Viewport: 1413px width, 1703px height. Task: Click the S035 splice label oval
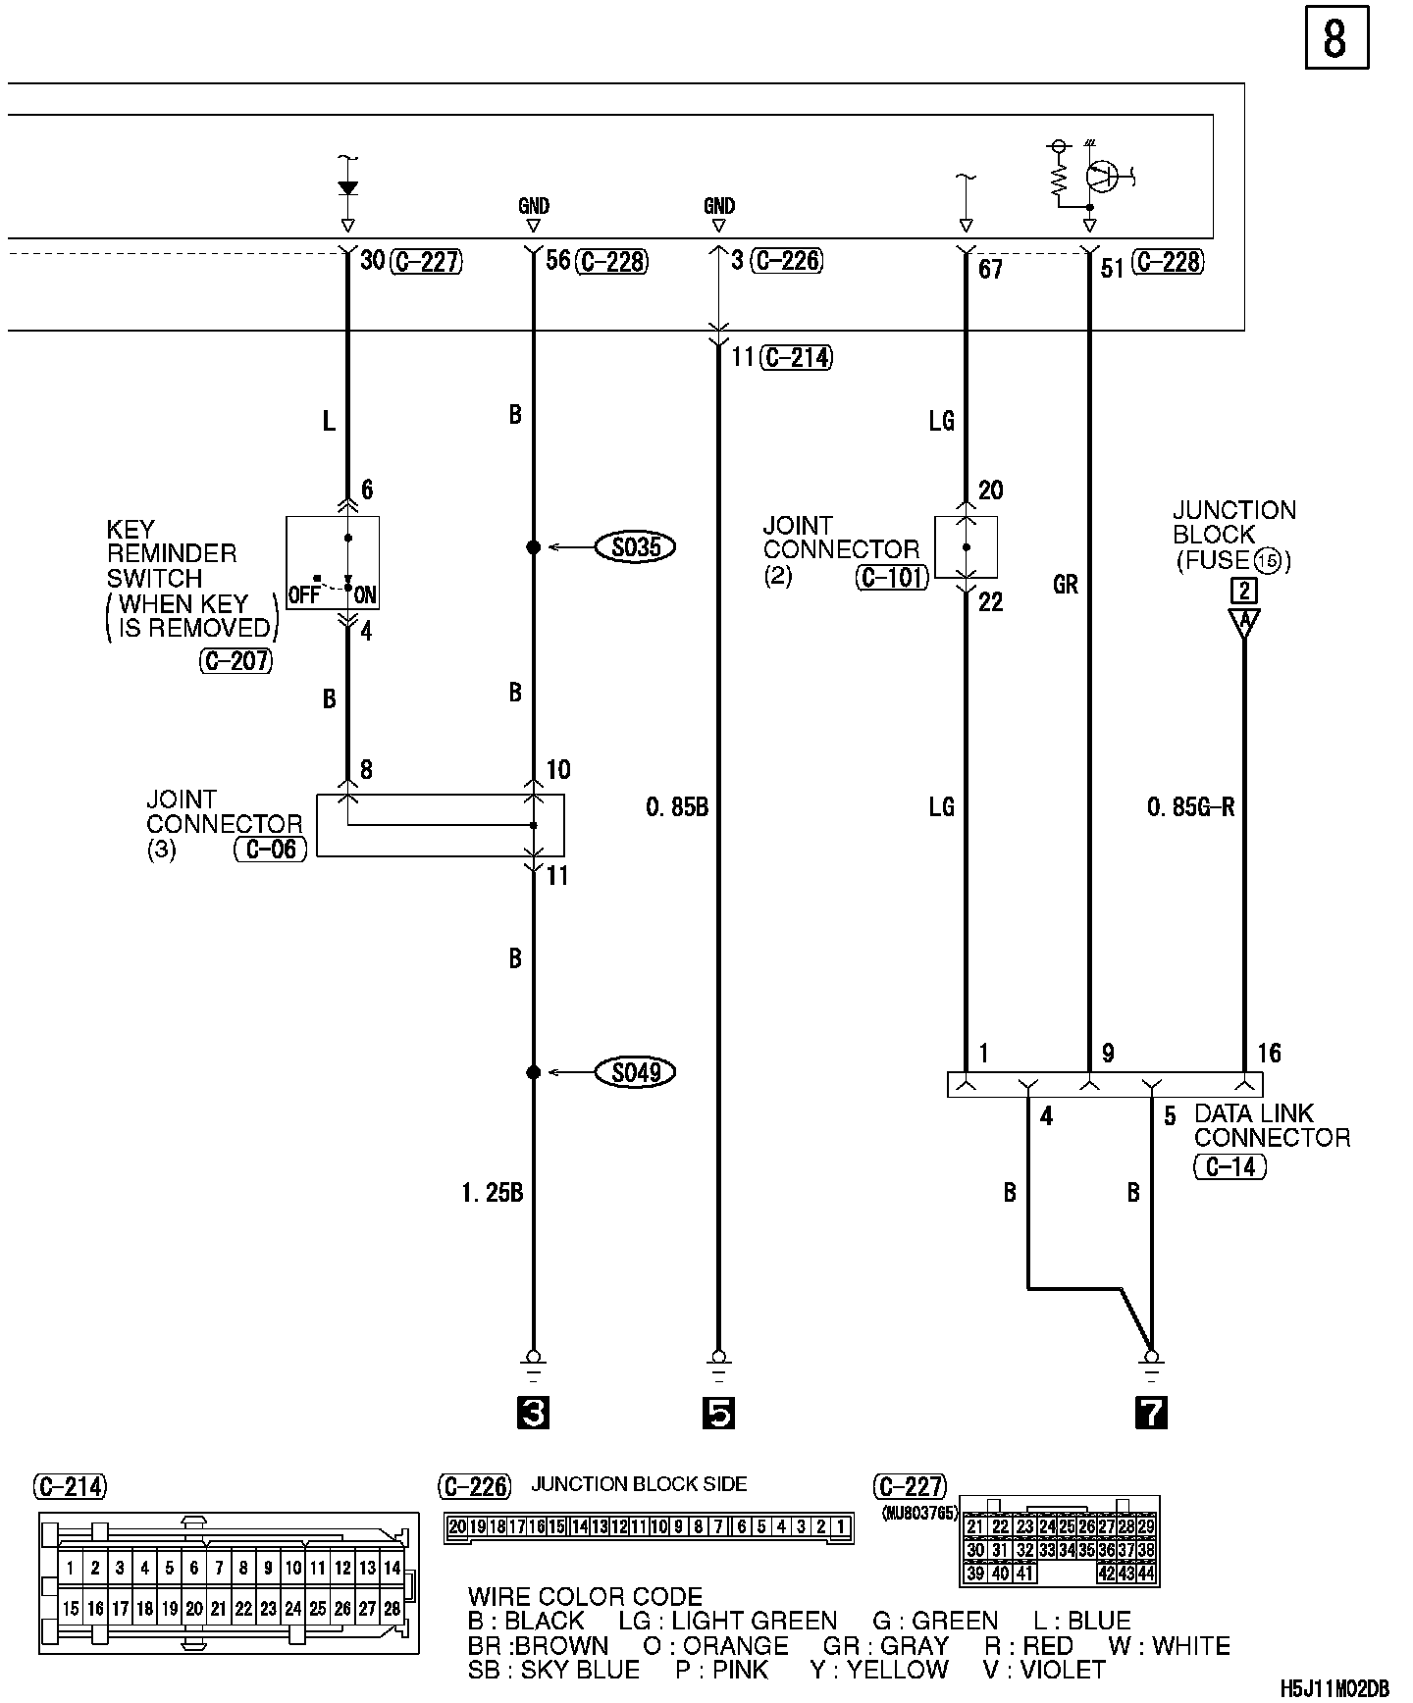pos(636,546)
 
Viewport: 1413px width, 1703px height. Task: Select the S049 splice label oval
pos(636,1072)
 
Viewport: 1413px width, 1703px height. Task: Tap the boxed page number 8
pos(1335,40)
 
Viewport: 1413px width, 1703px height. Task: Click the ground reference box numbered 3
pos(533,1413)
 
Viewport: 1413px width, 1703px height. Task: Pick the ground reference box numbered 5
pos(718,1413)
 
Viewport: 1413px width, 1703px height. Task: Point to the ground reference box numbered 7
pos(1151,1413)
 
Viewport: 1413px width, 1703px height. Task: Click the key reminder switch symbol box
pos(333,562)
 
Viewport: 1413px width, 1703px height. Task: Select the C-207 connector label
pos(236,661)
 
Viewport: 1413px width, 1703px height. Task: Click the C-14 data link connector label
pos(1230,1166)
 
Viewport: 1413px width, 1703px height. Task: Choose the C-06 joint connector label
pos(271,849)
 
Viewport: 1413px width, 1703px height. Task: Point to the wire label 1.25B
pos(492,1193)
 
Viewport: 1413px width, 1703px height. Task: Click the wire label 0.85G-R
pos(1190,807)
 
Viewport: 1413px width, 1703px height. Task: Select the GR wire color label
pos(1066,585)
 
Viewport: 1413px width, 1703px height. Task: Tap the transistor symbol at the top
pos(1104,177)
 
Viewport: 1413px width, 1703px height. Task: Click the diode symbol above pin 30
pos(347,188)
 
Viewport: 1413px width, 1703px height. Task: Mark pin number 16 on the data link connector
pos(1269,1054)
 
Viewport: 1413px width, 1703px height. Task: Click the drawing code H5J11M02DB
pos(1334,1688)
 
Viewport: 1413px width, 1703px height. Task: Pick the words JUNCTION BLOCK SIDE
pos(639,1484)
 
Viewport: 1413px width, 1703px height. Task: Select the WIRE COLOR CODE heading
pos(585,1597)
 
